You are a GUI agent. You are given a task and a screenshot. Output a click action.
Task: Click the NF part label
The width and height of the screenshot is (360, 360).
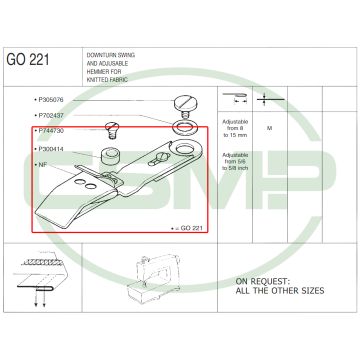tap(42, 164)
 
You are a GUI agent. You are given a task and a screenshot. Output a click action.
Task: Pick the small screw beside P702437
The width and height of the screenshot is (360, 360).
tap(111, 127)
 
